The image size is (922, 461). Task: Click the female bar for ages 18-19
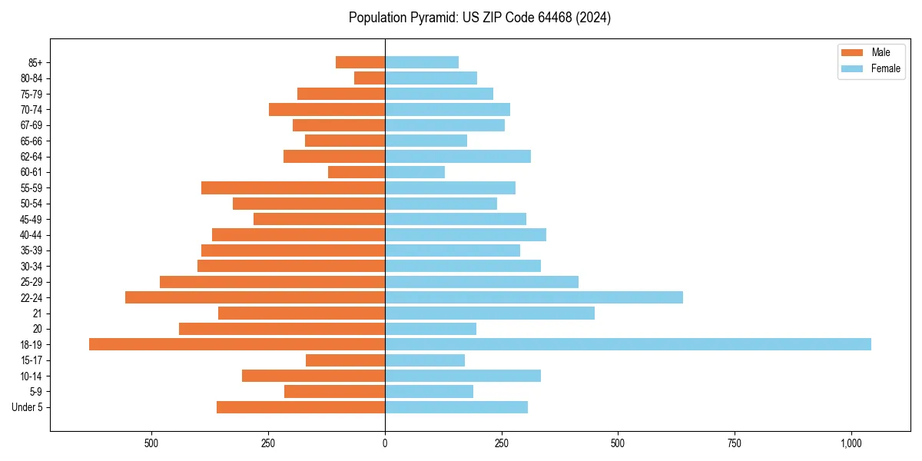(x=628, y=344)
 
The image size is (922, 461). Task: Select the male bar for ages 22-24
(x=255, y=297)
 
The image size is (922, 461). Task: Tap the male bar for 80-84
(x=370, y=78)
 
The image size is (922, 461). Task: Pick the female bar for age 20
(x=430, y=329)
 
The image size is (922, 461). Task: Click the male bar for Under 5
(x=300, y=407)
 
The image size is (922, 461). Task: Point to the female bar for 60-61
(x=415, y=172)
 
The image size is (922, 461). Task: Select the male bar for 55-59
(x=293, y=188)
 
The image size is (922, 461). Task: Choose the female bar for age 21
(x=489, y=313)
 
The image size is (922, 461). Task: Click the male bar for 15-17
(x=345, y=360)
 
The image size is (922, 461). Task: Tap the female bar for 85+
(x=422, y=62)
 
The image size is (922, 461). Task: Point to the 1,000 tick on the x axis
(x=851, y=443)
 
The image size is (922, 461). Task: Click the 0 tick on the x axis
(x=385, y=443)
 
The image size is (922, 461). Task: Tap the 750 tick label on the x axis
(x=734, y=443)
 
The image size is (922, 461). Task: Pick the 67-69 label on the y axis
(x=31, y=125)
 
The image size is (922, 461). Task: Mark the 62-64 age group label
(x=31, y=157)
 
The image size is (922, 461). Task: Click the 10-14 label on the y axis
(x=31, y=376)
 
